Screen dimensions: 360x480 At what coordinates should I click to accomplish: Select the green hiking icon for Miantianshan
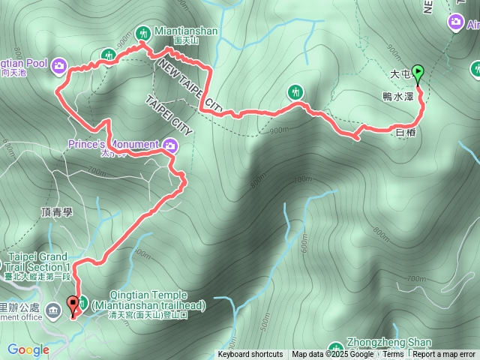(x=143, y=31)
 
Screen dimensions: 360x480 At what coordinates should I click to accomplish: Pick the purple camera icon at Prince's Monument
(x=170, y=145)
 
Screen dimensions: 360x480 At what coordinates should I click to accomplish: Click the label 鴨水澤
(x=398, y=97)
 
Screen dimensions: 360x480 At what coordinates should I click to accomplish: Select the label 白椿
(x=404, y=132)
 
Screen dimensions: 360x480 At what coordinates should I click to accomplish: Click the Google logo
(x=28, y=349)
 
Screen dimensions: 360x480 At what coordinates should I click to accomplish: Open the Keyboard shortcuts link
(x=250, y=355)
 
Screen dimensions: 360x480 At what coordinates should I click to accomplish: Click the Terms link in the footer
(x=394, y=355)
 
